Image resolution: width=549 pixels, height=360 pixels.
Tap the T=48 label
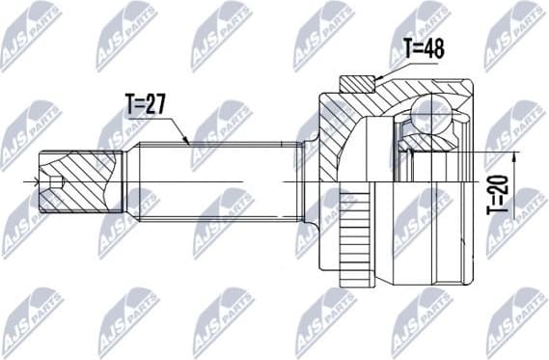click(x=424, y=48)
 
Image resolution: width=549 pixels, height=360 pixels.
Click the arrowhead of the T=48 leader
click(x=375, y=77)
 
